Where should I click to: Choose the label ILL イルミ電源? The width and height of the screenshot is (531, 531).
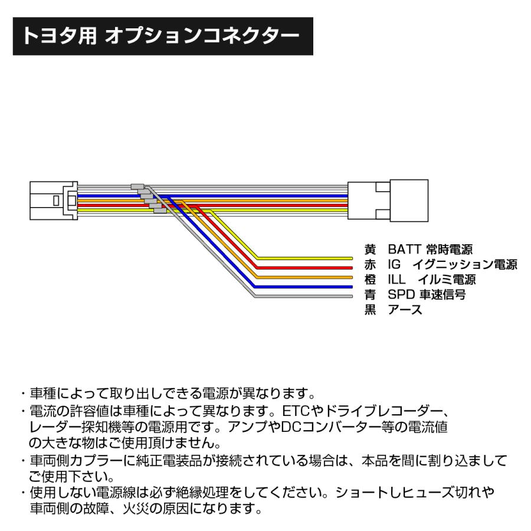432,279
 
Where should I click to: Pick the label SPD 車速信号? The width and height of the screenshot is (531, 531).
427,294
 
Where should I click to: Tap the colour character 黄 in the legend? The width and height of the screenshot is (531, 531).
371,250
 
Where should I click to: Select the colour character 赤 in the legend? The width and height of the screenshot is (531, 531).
371,264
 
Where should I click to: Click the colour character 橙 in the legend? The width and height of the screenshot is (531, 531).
371,279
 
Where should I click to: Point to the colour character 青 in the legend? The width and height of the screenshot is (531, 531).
371,294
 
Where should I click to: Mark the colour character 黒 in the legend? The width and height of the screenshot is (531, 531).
371,310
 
